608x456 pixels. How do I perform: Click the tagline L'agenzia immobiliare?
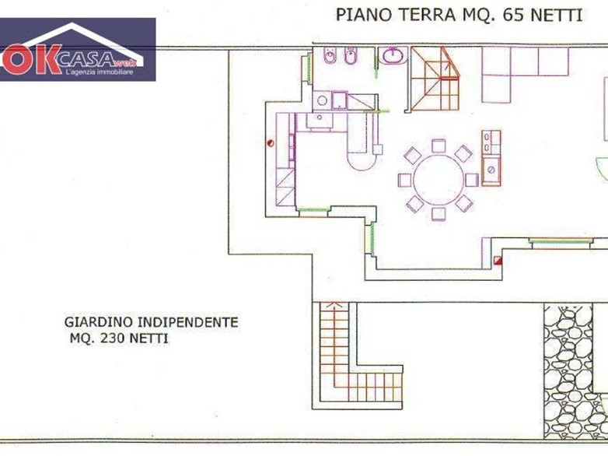tap(100, 72)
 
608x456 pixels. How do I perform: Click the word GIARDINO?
tap(99, 322)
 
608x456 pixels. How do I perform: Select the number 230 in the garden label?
tap(113, 338)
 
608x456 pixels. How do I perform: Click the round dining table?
tap(439, 180)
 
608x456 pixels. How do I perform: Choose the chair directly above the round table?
tap(439, 146)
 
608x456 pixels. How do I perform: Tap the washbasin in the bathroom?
tap(393, 55)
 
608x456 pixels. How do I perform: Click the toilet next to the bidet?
tap(351, 55)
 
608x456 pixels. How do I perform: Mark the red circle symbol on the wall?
tap(271, 143)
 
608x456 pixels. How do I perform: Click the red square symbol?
tap(498, 261)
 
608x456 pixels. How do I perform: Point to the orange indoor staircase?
tap(435, 79)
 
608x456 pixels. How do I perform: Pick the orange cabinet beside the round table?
tap(491, 158)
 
